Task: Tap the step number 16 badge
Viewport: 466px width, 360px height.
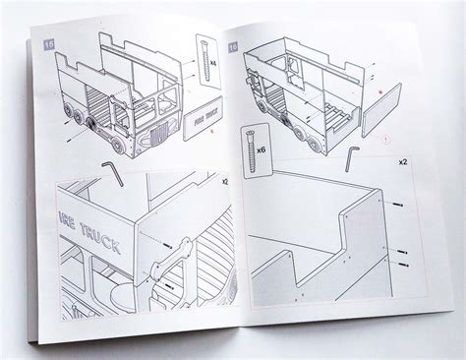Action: click(233, 46)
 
